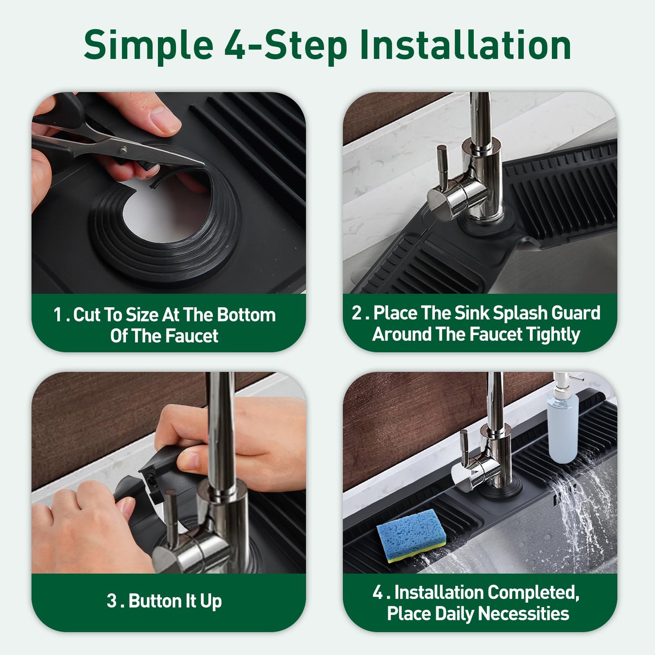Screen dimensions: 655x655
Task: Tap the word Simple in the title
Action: [149, 45]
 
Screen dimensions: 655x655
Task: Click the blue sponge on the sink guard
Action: [411, 535]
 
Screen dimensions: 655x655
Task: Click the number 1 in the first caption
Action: [58, 315]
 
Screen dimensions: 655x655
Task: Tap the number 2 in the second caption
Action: [357, 313]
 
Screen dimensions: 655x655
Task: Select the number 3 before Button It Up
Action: [112, 601]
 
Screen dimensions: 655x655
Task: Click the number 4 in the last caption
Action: [378, 592]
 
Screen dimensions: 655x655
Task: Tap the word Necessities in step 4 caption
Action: [524, 614]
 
